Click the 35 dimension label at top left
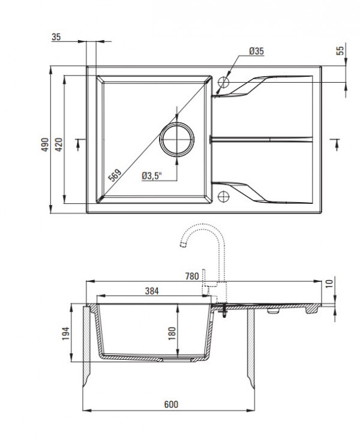57,37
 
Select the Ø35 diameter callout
256,52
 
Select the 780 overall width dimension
191,276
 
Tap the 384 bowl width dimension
152,291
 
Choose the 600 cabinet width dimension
171,405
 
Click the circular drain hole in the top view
177,140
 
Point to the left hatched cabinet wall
86,345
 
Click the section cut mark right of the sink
335,143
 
